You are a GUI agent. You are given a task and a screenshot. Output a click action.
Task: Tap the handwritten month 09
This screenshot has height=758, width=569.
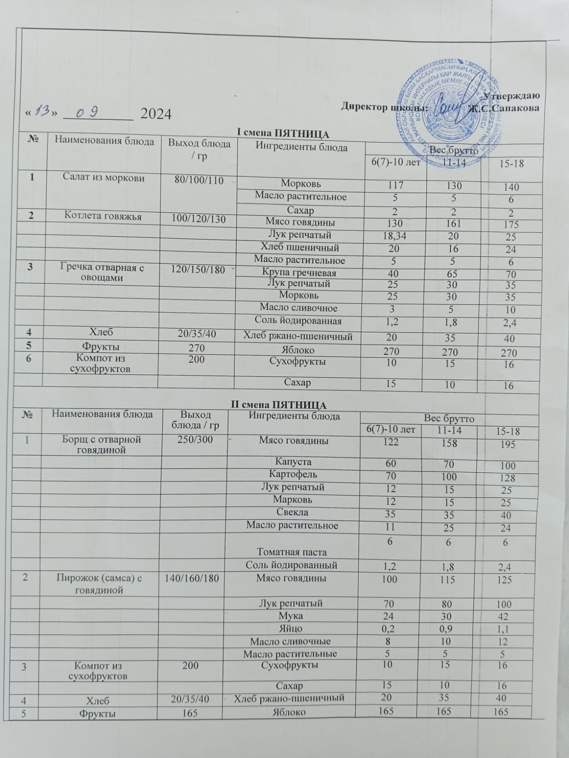point(88,113)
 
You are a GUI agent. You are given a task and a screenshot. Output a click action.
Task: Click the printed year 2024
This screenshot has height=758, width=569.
point(156,114)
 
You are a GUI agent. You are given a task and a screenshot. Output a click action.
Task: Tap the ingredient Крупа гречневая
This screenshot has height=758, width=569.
point(299,273)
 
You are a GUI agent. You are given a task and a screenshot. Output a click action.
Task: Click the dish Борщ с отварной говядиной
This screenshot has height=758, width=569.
point(102,444)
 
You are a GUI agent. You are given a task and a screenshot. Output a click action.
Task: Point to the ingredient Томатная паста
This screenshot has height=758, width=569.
point(292,551)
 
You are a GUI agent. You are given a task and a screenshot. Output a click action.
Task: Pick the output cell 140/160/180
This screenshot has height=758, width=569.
point(193,578)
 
